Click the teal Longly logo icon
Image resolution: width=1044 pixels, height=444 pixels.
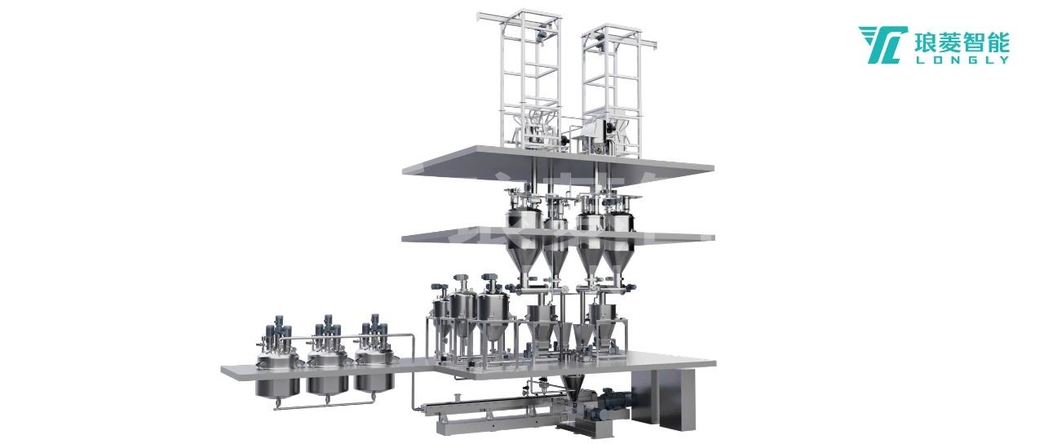[x=883, y=45]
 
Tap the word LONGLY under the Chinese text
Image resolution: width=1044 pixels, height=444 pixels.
[x=962, y=60]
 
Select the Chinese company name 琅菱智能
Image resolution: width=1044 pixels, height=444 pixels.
[x=962, y=42]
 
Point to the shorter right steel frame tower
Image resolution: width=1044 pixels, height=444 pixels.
[x=612, y=90]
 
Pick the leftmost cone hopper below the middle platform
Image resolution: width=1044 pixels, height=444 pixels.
[x=524, y=260]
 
